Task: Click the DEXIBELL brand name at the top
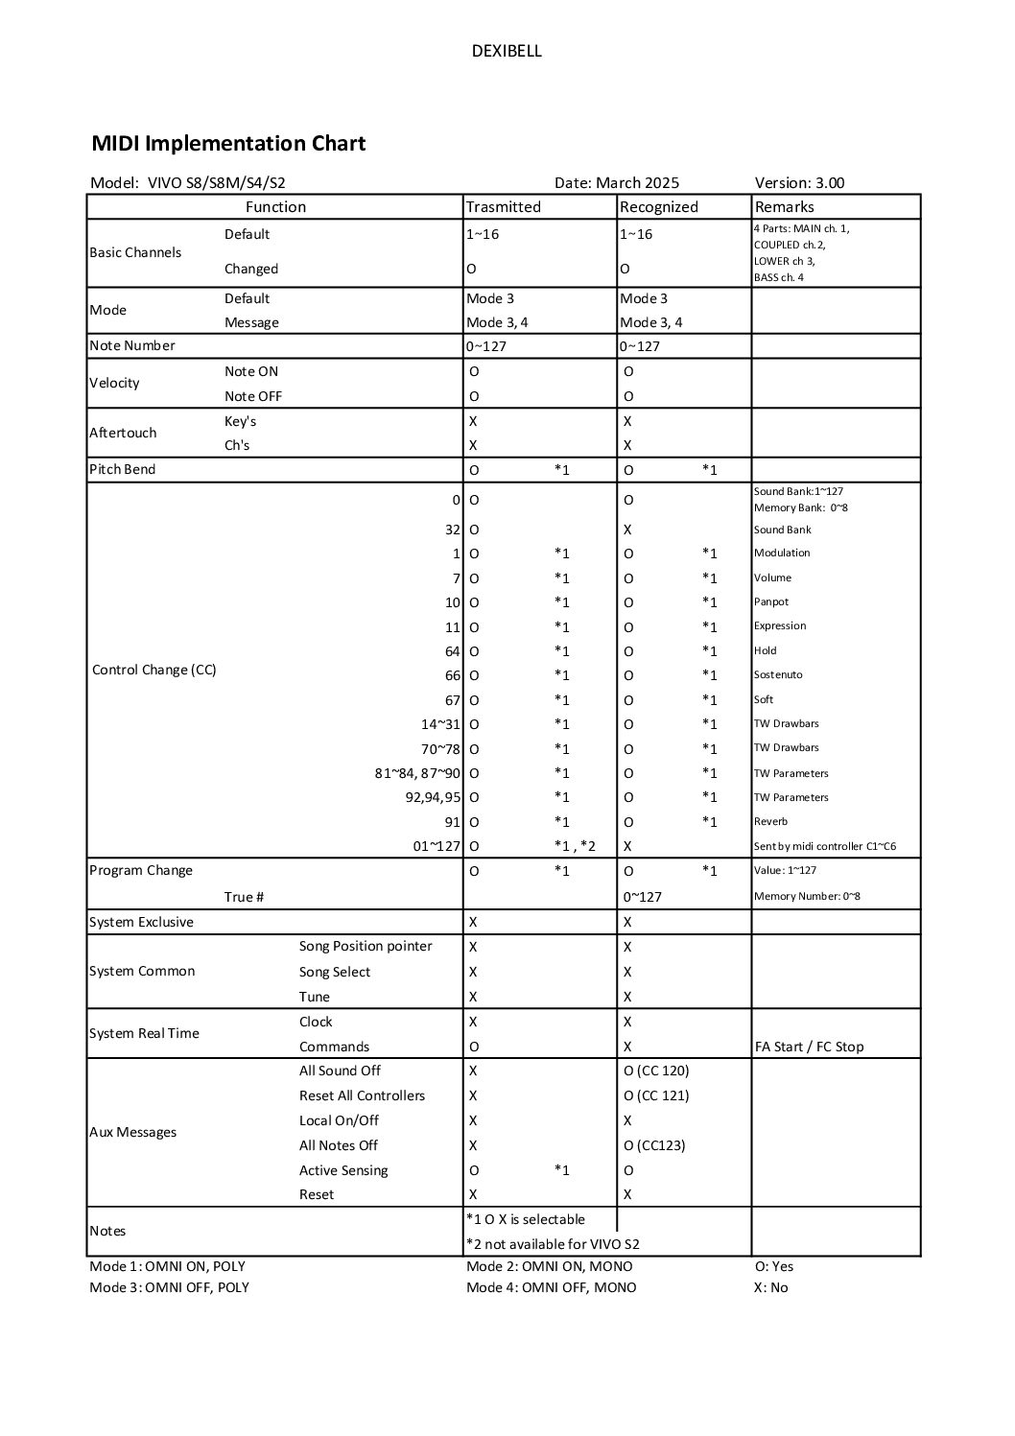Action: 507,52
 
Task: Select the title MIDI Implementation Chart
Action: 228,144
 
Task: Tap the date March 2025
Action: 617,183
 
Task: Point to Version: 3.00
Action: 799,183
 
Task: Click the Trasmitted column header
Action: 503,207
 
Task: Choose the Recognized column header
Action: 658,207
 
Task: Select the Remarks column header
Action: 784,207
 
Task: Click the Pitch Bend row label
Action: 122,469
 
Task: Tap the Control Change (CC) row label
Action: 153,670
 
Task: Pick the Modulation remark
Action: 781,553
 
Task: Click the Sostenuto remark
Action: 777,674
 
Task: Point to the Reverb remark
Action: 770,821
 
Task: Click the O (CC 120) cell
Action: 656,1071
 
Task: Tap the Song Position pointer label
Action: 366,946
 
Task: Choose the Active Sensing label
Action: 343,1170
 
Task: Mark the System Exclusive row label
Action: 141,922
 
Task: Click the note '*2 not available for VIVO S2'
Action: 553,1244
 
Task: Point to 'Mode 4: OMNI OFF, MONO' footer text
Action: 551,1287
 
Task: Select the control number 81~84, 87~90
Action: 417,773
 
